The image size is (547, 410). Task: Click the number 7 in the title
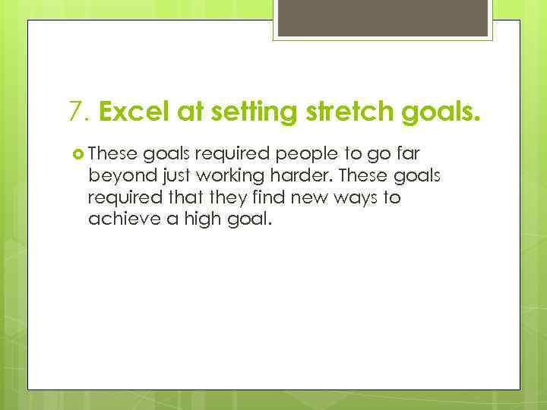75,112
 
